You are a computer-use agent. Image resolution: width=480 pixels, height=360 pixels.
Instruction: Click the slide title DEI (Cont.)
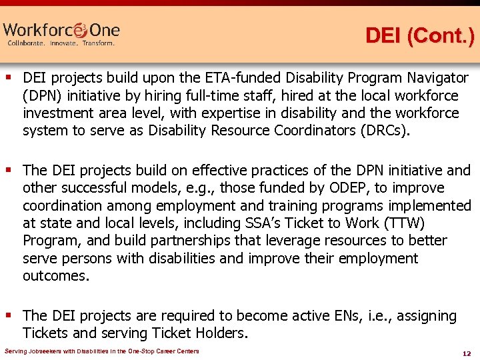coord(419,36)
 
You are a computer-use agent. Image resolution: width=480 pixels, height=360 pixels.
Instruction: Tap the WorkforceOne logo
coord(61,30)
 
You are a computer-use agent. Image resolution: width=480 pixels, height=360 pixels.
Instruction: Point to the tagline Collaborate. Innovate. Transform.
coord(61,43)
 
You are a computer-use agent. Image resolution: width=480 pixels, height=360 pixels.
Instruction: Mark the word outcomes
coord(55,275)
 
